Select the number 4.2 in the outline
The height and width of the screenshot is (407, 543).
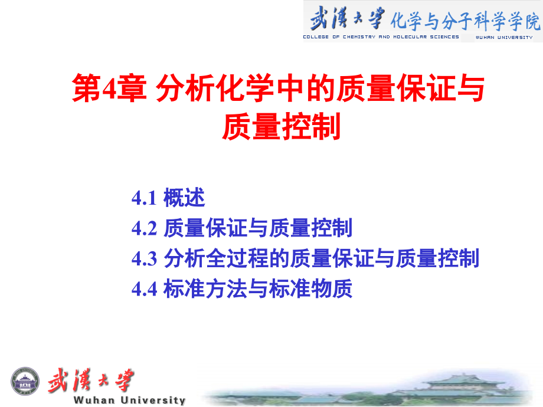[144, 228]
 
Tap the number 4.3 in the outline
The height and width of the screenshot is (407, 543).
[144, 259]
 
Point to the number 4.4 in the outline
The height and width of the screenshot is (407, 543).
[144, 290]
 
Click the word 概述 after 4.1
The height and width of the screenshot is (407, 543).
[184, 198]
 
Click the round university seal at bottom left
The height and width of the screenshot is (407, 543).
[26, 383]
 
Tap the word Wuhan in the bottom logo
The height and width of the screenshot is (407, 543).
[96, 401]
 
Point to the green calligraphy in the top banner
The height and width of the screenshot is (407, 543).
[347, 18]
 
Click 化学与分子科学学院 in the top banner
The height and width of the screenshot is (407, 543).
[465, 21]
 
